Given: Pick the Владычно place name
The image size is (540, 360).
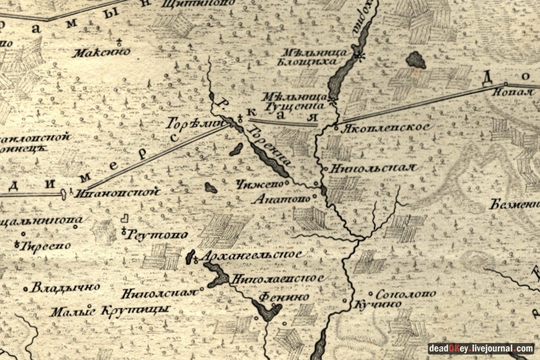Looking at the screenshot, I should [66, 287].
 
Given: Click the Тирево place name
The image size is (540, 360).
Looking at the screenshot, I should [45, 245].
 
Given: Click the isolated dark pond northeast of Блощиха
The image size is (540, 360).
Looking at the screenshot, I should [416, 59].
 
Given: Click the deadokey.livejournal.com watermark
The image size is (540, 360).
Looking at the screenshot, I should [481, 349].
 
